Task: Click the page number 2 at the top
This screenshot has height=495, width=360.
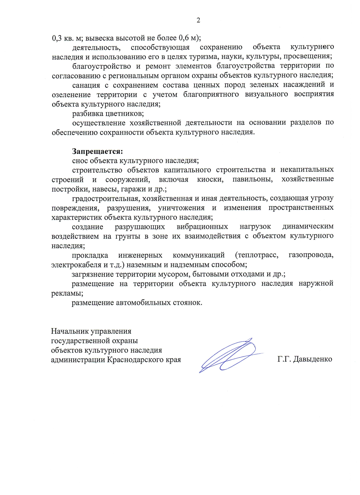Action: [x=198, y=20]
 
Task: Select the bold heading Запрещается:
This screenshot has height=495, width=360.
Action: [x=97, y=151]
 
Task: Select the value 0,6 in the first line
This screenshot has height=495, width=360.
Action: [x=184, y=38]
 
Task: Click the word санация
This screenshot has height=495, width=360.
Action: [x=86, y=85]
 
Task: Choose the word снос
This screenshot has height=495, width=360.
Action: [x=80, y=160]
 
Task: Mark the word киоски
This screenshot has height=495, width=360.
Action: [x=210, y=179]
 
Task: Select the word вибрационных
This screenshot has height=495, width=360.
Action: [x=202, y=226]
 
